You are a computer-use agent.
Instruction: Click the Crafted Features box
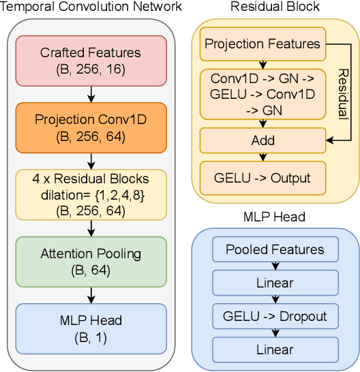click(91, 59)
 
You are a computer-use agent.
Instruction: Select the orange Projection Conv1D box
click(91, 127)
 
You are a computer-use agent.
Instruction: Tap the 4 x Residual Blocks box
click(91, 193)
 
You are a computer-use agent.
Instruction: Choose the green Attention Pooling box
click(91, 261)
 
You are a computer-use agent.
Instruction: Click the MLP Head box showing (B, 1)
click(91, 328)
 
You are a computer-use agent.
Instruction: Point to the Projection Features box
click(262, 44)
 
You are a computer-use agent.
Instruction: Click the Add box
click(262, 140)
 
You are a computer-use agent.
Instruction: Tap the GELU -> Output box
click(262, 178)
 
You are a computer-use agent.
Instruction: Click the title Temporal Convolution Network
click(91, 7)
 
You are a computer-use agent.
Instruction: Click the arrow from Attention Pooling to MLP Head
click(91, 294)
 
